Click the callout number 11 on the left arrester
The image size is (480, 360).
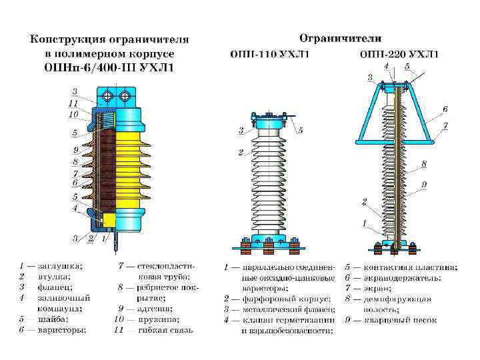pos(75,103)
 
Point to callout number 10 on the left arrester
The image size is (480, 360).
pos(75,114)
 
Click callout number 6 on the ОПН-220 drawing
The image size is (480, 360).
pos(444,109)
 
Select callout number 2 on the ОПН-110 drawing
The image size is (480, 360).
pos(241,153)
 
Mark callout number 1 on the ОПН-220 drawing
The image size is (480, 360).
pos(364,223)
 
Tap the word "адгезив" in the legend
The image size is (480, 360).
pos(155,308)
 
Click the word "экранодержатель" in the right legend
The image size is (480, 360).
pos(412,277)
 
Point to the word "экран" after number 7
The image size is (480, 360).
pos(378,288)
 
